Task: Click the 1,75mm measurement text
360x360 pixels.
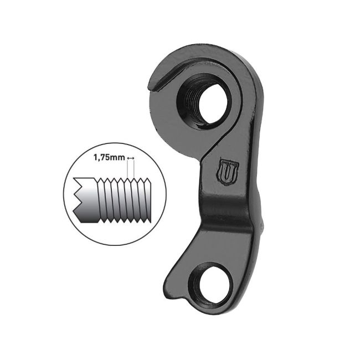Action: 109,158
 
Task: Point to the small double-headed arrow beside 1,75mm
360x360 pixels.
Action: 131,158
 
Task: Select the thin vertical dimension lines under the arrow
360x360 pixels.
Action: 131,169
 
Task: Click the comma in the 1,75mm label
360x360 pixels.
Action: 100,160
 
